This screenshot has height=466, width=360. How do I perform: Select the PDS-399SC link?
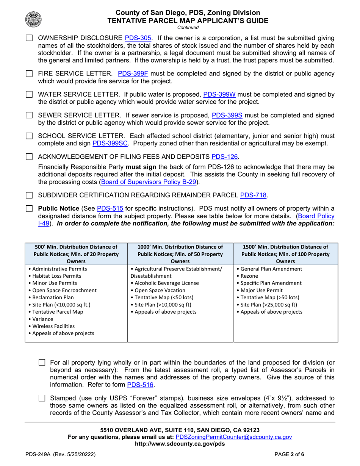click(x=110, y=143)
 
